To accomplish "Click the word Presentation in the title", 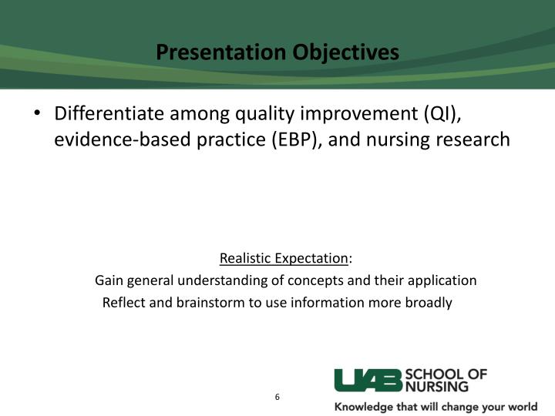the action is pyautogui.click(x=221, y=52).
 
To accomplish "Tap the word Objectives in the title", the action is pyautogui.click(x=346, y=53).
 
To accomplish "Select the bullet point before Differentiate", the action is pyautogui.click(x=37, y=113).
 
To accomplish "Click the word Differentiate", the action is pyautogui.click(x=109, y=113).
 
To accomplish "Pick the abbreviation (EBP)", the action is pyautogui.click(x=297, y=139).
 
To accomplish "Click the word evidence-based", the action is pyautogui.click(x=123, y=139).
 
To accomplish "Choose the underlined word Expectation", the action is pyautogui.click(x=311, y=259).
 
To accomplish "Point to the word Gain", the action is pyautogui.click(x=109, y=280).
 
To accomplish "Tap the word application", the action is pyautogui.click(x=442, y=281).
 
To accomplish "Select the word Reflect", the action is pyautogui.click(x=124, y=303).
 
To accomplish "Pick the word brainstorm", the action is pyautogui.click(x=210, y=303).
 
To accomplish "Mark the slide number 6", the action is pyautogui.click(x=277, y=397).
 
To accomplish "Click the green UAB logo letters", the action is pyautogui.click(x=368, y=381).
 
